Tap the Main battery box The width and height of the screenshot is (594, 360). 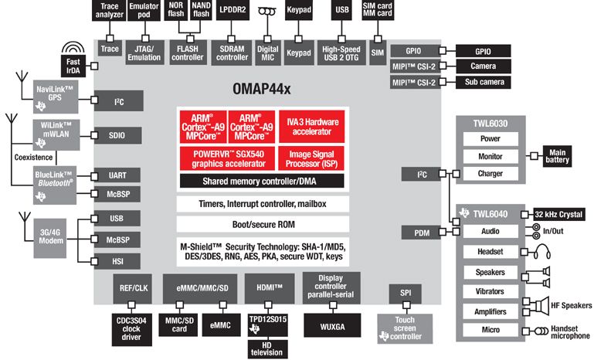pos(557,155)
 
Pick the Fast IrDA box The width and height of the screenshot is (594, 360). pos(74,66)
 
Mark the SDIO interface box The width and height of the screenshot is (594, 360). pos(117,135)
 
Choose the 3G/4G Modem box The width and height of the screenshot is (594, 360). pos(52,235)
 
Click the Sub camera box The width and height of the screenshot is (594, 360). pos(485,82)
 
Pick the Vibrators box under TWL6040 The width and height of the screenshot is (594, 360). pos(490,291)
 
